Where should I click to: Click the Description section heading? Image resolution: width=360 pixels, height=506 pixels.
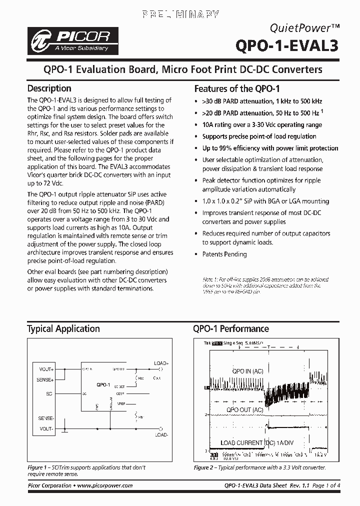(49, 88)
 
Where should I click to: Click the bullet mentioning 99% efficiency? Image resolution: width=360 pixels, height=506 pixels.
(270, 148)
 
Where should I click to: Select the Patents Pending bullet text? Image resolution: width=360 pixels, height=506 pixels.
(224, 254)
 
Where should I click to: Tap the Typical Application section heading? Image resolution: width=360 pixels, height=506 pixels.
(63, 328)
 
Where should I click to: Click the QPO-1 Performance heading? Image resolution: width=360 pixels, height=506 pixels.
(231, 328)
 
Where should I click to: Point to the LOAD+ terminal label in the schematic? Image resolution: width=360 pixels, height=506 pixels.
(161, 363)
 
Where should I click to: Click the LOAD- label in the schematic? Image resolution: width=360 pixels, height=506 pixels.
(161, 435)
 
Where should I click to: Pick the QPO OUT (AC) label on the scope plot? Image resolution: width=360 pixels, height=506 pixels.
(245, 409)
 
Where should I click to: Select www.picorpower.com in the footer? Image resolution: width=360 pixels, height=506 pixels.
(105, 485)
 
